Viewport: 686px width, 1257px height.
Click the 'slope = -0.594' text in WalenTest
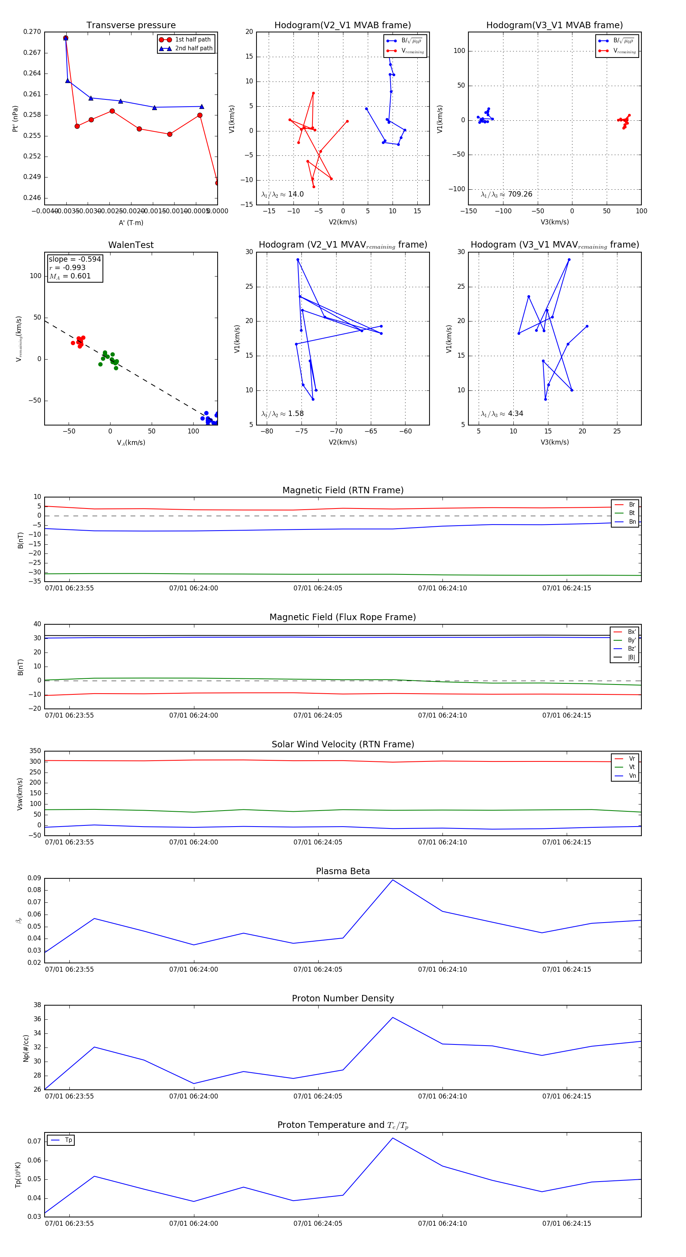[75, 259]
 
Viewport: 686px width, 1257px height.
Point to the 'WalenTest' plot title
[131, 245]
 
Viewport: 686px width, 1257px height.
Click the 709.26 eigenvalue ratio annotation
[506, 194]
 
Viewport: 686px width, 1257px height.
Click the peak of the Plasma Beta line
[393, 880]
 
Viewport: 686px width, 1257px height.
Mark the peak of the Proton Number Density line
[393, 1017]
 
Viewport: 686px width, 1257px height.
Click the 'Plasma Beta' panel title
[343, 871]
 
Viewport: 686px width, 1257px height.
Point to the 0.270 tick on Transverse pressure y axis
[32, 32]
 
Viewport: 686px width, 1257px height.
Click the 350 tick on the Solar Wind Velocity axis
[35, 751]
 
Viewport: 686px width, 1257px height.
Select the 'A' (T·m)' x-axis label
[131, 222]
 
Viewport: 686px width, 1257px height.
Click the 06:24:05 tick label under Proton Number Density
[318, 1096]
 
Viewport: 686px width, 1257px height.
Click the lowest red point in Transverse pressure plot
[217, 183]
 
